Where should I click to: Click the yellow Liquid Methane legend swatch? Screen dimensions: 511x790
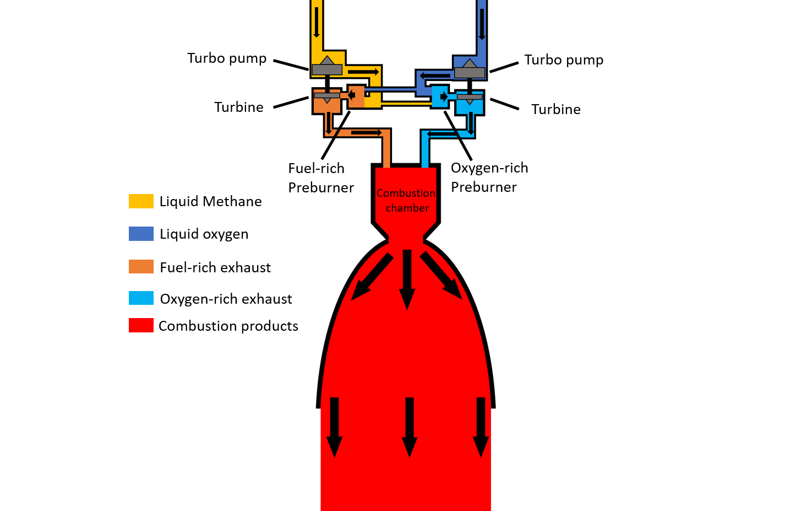tap(141, 201)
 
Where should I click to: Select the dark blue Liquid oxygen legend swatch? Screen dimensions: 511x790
tap(141, 234)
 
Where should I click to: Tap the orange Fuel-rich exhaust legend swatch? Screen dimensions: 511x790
tap(141, 267)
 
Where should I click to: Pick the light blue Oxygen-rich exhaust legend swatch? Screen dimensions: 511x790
tap(141, 298)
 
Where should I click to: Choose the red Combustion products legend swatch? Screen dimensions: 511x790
tap(141, 325)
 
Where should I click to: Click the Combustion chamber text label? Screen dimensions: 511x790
tap(406, 201)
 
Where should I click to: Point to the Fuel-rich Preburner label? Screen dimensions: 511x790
tap(321, 177)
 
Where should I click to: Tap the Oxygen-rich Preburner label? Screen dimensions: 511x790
tap(489, 177)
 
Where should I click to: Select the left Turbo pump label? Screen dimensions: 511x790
tap(227, 58)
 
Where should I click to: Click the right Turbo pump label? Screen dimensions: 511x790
tap(564, 60)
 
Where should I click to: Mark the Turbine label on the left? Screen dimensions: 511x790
tap(239, 107)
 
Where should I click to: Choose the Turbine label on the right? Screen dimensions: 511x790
tap(555, 109)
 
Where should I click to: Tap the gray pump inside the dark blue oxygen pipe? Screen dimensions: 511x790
tap(470, 71)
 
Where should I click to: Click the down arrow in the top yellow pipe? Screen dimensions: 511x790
tap(317, 21)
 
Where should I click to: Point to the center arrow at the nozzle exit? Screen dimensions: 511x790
tap(409, 427)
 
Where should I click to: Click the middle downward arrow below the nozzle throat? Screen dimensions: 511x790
tap(407, 279)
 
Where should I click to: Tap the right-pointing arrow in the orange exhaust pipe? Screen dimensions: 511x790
tap(366, 132)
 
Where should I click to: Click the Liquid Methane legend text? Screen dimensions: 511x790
tap(210, 201)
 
